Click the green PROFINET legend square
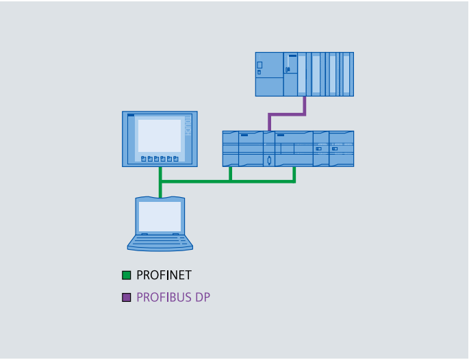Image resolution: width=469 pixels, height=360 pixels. (x=127, y=276)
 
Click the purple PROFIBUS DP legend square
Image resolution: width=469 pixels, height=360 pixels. (x=127, y=298)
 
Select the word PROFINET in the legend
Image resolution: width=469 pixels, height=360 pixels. (x=164, y=276)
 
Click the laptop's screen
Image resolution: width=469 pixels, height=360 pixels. (x=160, y=216)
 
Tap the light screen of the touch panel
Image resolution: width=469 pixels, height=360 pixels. (x=160, y=135)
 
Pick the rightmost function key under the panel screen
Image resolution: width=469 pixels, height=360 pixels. (x=176, y=159)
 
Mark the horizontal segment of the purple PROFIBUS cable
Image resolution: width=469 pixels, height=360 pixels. (x=287, y=114)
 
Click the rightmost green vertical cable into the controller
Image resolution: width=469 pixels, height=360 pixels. (x=294, y=174)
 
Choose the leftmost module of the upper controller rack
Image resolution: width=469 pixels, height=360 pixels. (x=269, y=74)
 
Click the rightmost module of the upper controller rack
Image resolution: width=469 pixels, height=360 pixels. (x=347, y=74)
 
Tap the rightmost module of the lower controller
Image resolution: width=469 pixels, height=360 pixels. (x=342, y=149)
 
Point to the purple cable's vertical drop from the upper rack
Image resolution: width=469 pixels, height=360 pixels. (x=304, y=105)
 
